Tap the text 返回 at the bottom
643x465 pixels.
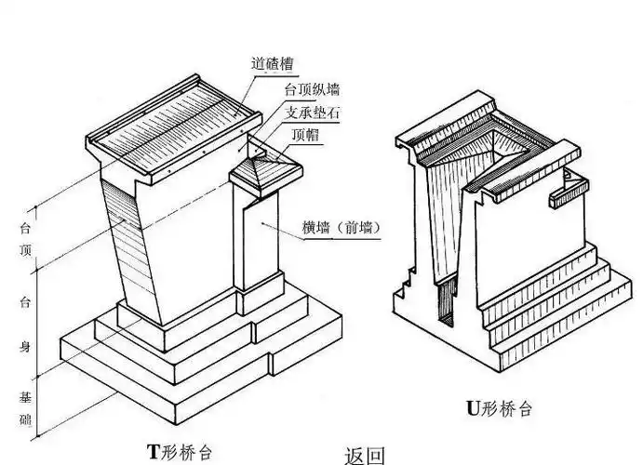[x=364, y=456]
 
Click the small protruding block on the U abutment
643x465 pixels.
[x=569, y=190]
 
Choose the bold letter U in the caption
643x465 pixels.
[x=472, y=406]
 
